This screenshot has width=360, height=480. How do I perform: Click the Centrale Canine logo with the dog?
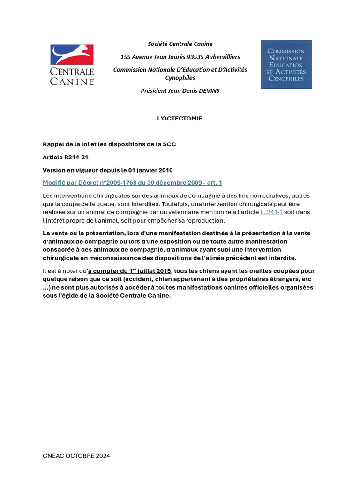pyautogui.click(x=72, y=64)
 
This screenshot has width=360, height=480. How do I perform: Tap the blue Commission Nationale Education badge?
pyautogui.click(x=286, y=64)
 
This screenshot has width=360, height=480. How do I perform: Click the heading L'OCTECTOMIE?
pyautogui.click(x=180, y=119)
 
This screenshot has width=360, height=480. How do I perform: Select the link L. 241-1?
pyautogui.click(x=271, y=212)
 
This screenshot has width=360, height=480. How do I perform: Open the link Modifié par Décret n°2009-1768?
pyautogui.click(x=132, y=182)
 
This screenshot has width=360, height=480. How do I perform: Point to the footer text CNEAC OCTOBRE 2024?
pyautogui.click(x=76, y=456)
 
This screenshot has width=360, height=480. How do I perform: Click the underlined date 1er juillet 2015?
pyautogui.click(x=130, y=271)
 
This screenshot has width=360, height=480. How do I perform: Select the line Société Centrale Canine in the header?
pyautogui.click(x=180, y=44)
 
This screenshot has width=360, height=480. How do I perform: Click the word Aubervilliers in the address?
pyautogui.click(x=217, y=57)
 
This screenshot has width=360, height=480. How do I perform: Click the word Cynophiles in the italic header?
pyautogui.click(x=180, y=78)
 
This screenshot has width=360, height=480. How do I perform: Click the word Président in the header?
pyautogui.click(x=154, y=91)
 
